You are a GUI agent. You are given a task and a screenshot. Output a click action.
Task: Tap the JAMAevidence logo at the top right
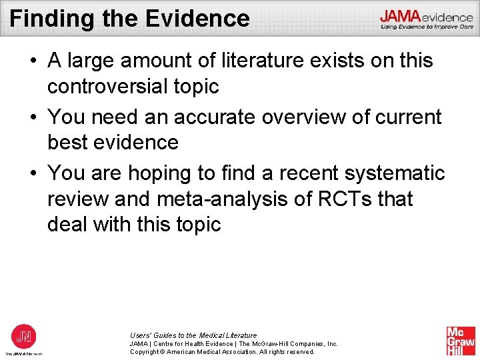tap(427, 19)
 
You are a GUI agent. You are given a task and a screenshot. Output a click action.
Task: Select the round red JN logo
tap(23, 336)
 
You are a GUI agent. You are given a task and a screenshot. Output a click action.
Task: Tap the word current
tap(406, 117)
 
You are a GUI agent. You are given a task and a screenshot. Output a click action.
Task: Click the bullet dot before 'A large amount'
tap(33, 61)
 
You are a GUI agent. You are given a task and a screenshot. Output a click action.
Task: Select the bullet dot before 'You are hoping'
tap(33, 174)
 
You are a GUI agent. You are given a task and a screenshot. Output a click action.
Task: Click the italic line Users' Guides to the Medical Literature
tap(193, 335)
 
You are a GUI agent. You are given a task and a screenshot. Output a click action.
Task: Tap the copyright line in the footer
tap(222, 351)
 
